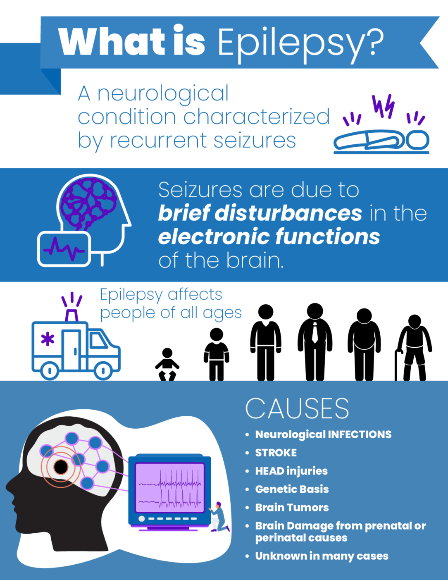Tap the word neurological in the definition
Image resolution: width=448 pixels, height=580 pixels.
(163, 93)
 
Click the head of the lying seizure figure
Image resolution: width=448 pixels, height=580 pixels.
(417, 140)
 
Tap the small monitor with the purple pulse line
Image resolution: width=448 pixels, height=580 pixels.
(64, 249)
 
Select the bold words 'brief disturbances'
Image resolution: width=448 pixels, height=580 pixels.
(260, 213)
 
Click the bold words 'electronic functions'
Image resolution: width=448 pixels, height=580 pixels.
(269, 236)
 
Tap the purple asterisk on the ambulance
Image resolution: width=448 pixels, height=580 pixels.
(48, 340)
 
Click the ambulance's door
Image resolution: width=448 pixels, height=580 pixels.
(71, 349)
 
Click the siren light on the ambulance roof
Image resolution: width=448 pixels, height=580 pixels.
(71, 315)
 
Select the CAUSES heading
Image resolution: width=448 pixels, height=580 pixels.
(297, 408)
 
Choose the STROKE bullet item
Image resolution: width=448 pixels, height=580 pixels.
(276, 453)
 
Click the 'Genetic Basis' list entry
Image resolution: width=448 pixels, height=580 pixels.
(292, 489)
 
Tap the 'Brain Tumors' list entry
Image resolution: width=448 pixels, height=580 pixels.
(292, 507)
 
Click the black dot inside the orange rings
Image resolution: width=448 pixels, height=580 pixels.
(61, 467)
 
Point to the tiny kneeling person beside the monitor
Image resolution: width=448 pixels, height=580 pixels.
(219, 517)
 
